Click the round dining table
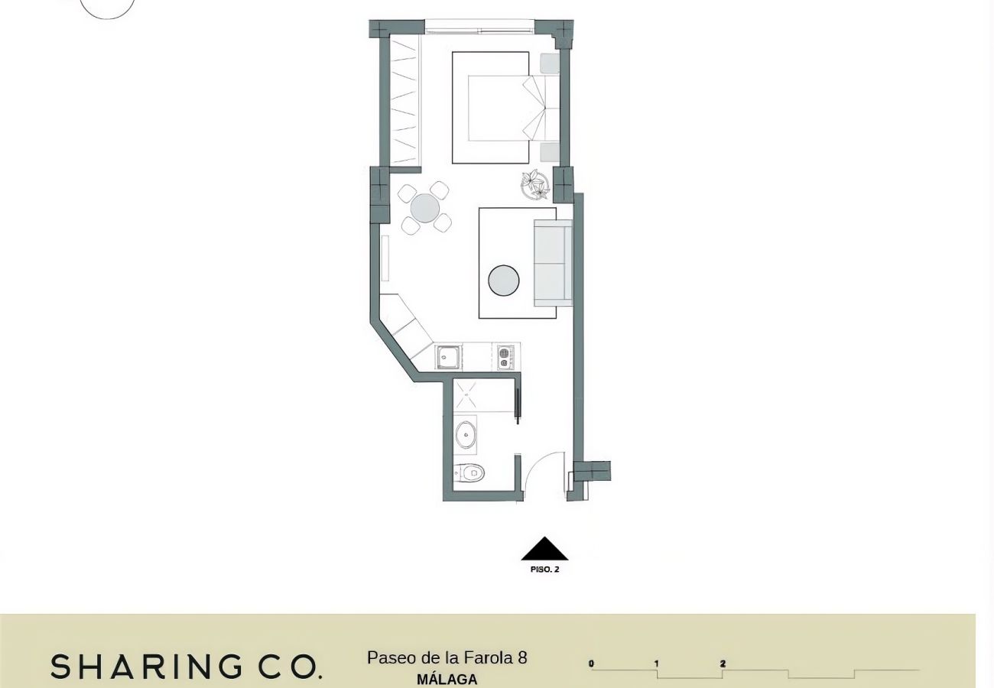424,208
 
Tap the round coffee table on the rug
504,280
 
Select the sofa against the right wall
553,263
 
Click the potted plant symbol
535,184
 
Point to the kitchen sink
448,357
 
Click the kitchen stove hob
505,358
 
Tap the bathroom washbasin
465,435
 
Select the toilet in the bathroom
469,473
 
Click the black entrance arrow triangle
544,549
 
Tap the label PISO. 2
544,570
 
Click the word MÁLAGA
447,679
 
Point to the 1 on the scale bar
656,664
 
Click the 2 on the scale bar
723,664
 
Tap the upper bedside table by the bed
550,64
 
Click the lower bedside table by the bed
550,153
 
